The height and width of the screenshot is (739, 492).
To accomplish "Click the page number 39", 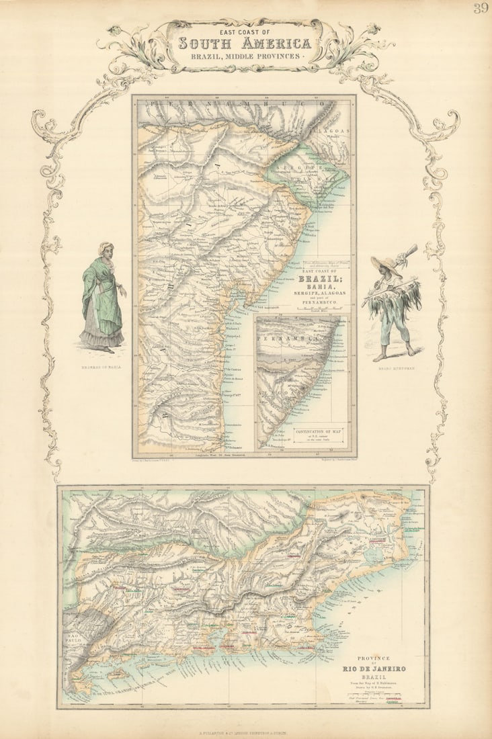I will [x=481, y=8].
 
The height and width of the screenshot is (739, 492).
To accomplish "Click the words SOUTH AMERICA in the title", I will [x=245, y=44].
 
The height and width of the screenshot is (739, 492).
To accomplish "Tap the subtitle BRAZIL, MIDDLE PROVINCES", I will [x=245, y=57].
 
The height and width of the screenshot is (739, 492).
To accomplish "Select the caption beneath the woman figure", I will [x=101, y=367].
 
